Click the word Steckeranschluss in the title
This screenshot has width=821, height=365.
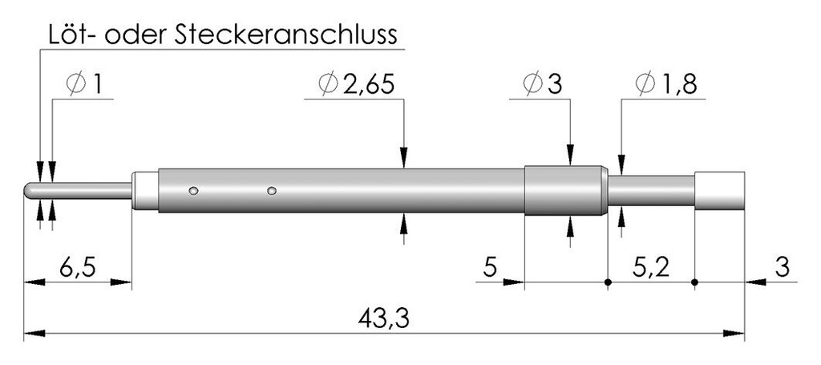[286, 35]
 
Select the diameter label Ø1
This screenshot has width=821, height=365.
[84, 84]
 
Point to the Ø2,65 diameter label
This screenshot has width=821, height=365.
[355, 84]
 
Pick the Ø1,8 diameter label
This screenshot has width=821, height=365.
[665, 84]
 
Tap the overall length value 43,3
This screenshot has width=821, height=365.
[384, 318]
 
